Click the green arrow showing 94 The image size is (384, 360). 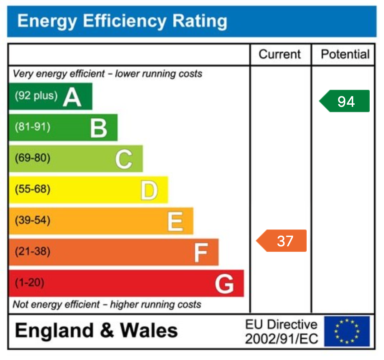pos(345,101)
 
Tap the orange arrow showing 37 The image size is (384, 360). pos(282,241)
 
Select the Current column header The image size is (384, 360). pos(280,55)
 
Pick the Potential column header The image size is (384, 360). pos(345,55)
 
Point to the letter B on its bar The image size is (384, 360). pos(98,128)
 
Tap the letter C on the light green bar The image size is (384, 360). pos(124,159)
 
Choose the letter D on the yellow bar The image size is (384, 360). pos(149,190)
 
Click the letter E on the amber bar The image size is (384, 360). pos(175,221)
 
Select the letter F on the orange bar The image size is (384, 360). pos(201,252)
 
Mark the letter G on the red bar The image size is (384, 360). pos(224,284)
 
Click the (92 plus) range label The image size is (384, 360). pos(36,96)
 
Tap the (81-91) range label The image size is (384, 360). pos(32,127)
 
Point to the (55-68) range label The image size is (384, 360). pos(32,189)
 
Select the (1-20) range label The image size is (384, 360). pos(29,283)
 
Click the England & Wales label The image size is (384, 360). pos(96,330)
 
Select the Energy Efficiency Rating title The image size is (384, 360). pos(122,21)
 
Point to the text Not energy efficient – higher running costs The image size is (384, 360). pos(107,305)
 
